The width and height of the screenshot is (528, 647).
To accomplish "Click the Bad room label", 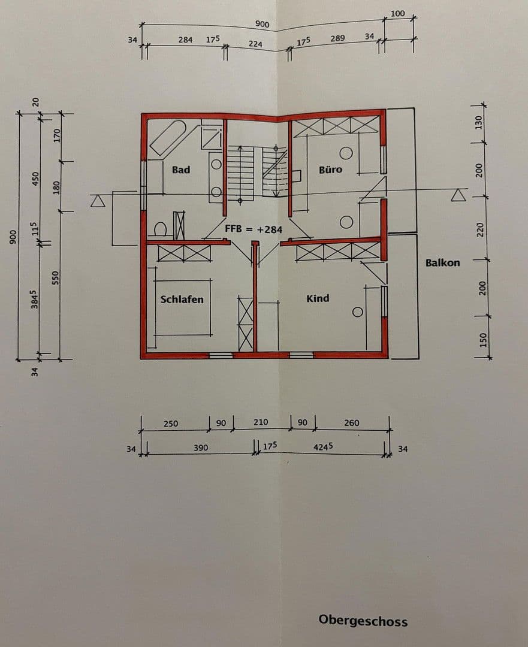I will [x=180, y=170].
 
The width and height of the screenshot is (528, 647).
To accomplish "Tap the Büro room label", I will [x=330, y=170].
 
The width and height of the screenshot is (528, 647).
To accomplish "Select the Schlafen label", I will [x=182, y=299].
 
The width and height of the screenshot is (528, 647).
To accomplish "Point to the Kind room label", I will [x=318, y=298].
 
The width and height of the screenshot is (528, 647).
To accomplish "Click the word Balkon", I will [x=443, y=262].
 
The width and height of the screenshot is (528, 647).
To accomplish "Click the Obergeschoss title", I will [x=363, y=621].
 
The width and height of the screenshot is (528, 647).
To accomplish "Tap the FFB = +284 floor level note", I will [x=254, y=229].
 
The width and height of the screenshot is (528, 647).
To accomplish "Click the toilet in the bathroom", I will [x=160, y=229].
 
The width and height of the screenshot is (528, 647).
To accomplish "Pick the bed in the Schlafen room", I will [x=183, y=307].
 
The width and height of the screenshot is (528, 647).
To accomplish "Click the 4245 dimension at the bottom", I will [x=322, y=447].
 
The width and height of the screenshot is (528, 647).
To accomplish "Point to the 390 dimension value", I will [x=201, y=448].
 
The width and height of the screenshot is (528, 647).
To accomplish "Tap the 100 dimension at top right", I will [x=397, y=13].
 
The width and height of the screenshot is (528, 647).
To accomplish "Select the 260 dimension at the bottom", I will [x=352, y=423].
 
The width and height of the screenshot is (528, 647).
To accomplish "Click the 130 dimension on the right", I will [x=478, y=123].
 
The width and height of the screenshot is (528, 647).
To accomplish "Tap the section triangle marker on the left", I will [x=98, y=201].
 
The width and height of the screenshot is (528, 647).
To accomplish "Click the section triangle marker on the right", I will [x=459, y=195].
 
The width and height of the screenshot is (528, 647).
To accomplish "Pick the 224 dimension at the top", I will [x=256, y=44].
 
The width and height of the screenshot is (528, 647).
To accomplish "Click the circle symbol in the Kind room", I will [x=357, y=312].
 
